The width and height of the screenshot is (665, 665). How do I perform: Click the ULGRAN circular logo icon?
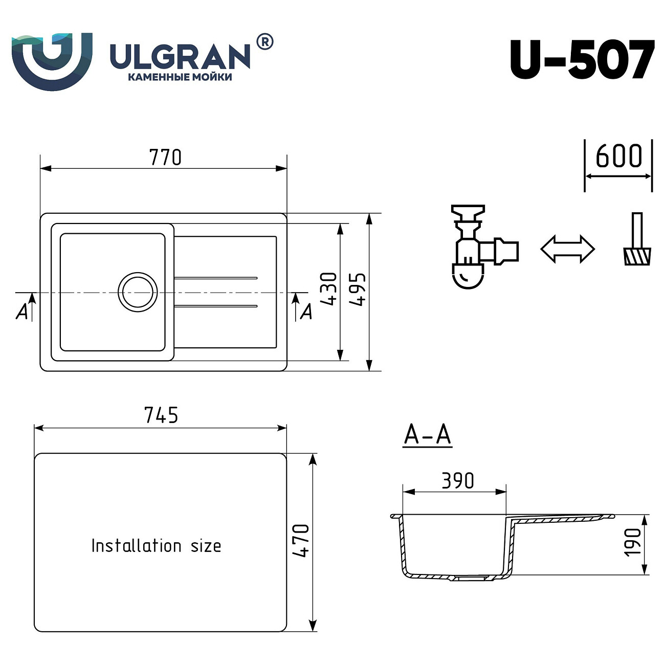click(x=52, y=60)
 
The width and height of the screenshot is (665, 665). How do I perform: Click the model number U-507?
click(x=582, y=60)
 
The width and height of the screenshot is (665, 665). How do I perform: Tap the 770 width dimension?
click(x=165, y=158)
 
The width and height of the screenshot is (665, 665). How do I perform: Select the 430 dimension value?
click(x=329, y=289)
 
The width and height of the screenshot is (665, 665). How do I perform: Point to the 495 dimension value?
click(x=358, y=290)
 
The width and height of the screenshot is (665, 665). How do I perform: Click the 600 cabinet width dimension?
click(x=618, y=157)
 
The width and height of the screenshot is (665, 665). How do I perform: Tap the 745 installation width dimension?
click(x=161, y=415)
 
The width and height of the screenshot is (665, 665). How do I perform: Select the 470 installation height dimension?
click(x=301, y=541)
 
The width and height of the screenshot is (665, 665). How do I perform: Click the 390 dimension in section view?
click(x=457, y=481)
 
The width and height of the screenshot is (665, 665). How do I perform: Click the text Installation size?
click(x=156, y=546)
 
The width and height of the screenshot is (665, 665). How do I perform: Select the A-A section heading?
click(x=427, y=435)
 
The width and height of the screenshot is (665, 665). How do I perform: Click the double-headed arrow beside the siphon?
click(x=568, y=249)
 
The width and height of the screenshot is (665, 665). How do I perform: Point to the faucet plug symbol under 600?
click(x=637, y=240)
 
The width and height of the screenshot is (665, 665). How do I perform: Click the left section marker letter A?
click(x=21, y=311)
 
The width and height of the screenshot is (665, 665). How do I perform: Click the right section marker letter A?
click(x=306, y=311)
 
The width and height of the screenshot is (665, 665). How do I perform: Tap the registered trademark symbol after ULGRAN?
click(x=264, y=42)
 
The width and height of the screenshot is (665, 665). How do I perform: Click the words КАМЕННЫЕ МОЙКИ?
click(x=179, y=77)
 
